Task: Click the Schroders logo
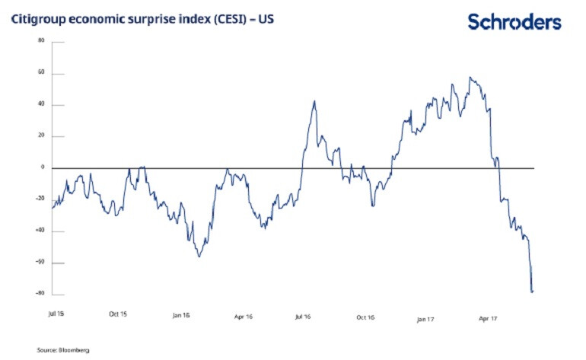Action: (514, 21)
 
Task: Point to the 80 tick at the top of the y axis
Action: (41, 41)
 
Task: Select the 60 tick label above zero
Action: (41, 74)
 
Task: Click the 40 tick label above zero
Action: (41, 105)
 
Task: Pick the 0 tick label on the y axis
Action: (43, 167)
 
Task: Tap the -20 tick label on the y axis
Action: (40, 199)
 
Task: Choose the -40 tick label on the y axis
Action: (40, 231)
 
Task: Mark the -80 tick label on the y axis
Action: (40, 295)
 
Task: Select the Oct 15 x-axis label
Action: (118, 312)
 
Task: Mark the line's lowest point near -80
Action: (531, 292)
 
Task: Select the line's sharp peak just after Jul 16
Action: (314, 100)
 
